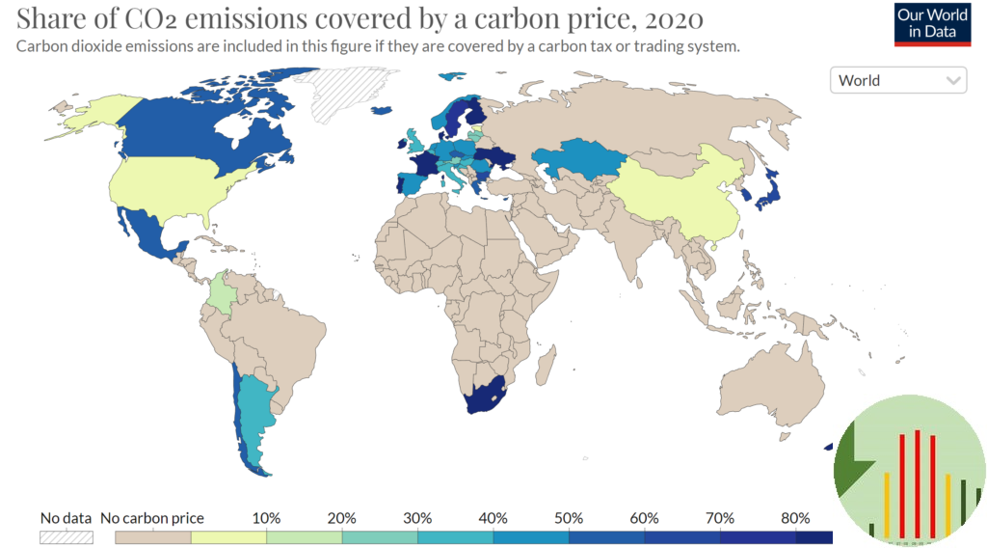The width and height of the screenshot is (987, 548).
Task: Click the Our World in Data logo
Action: [931, 23]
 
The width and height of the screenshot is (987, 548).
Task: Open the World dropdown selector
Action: [897, 80]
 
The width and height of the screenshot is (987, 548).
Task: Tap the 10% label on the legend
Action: [266, 518]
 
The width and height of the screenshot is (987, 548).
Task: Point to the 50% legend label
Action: [569, 518]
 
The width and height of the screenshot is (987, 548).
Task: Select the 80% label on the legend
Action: [795, 518]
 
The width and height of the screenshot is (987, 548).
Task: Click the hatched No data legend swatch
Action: [66, 536]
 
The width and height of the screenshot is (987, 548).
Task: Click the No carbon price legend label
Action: [152, 518]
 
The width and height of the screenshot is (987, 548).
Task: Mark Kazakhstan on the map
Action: [578, 160]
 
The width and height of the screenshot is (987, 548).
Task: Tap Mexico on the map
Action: [150, 232]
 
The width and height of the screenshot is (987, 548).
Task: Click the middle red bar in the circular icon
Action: [917, 482]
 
